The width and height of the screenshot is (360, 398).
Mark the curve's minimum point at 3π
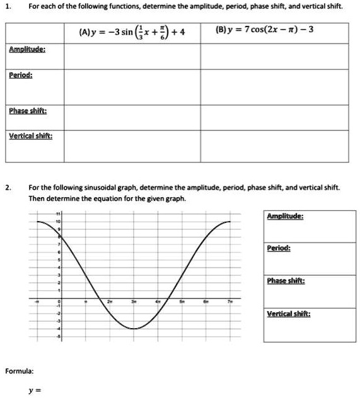pyautogui.click(x=134, y=329)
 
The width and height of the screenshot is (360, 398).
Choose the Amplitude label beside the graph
pyautogui.click(x=286, y=216)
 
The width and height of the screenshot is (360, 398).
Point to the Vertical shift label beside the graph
pyautogui.click(x=287, y=313)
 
